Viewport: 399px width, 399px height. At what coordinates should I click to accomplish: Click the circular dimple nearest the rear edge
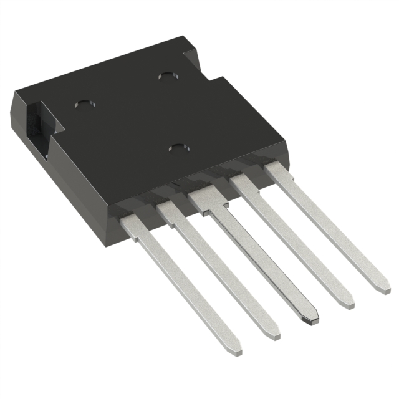(166, 75)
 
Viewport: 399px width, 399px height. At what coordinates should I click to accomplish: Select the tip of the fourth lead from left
(345, 302)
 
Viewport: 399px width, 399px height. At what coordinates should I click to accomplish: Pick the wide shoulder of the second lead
(169, 213)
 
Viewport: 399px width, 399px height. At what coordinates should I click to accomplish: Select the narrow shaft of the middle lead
(262, 262)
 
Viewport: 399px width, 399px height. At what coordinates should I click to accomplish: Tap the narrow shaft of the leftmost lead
(187, 287)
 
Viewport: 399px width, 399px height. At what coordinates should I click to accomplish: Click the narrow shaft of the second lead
(224, 274)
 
